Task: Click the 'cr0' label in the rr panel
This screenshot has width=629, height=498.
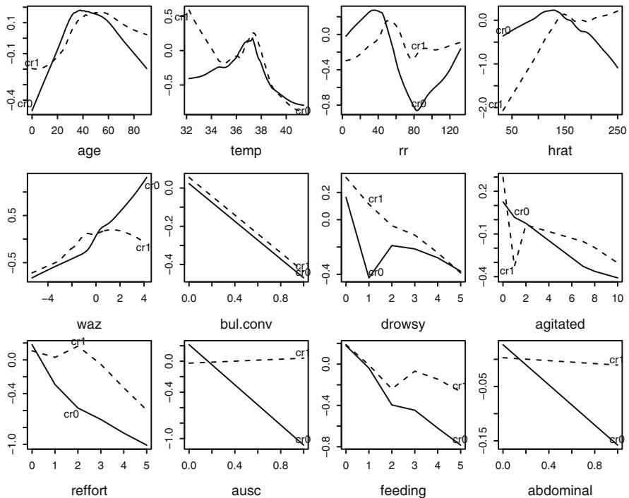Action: click(419, 104)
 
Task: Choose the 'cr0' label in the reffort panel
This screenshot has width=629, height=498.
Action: click(71, 414)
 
